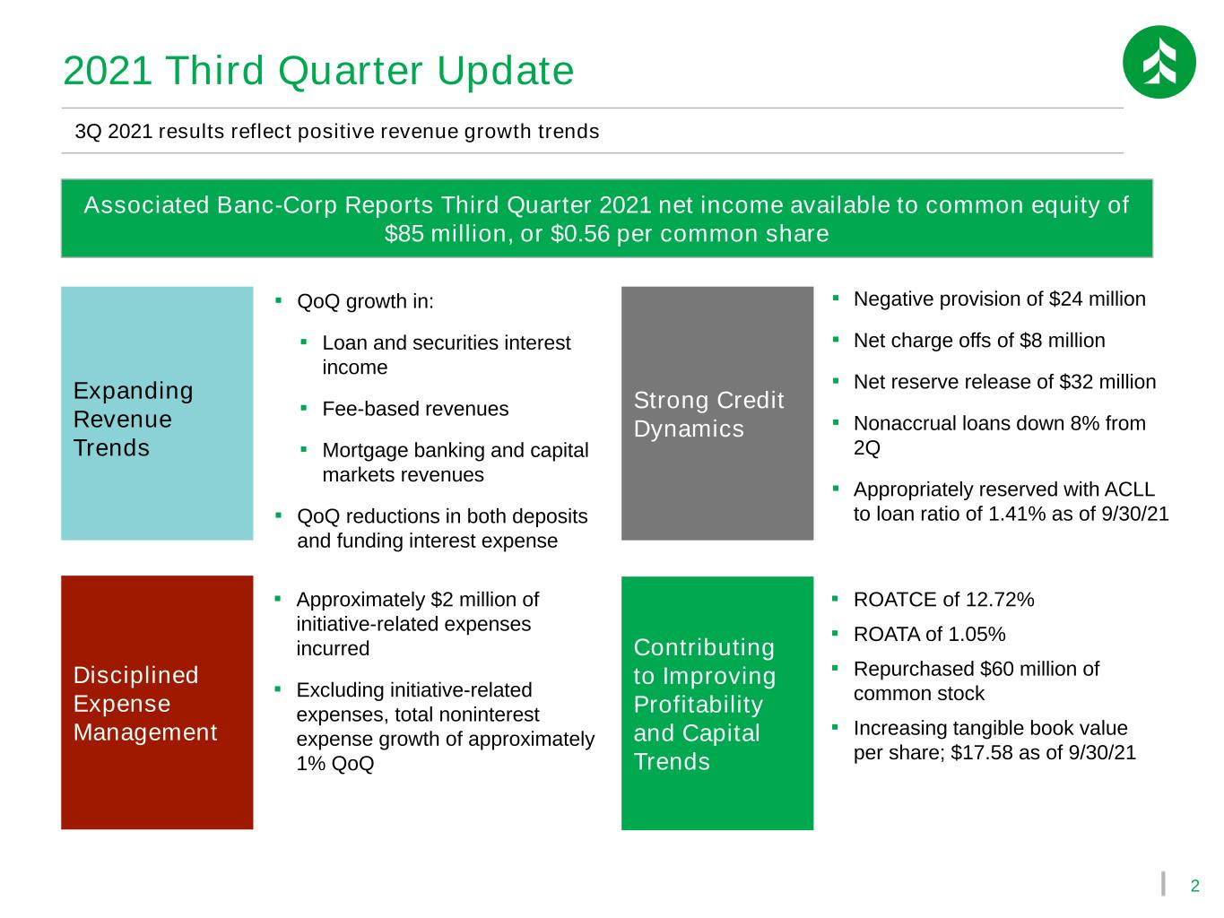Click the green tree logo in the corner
click(x=1159, y=62)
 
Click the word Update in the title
click(x=505, y=71)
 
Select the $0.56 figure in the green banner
click(x=580, y=234)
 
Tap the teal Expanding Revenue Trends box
click(x=157, y=413)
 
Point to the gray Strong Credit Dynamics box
click(x=717, y=413)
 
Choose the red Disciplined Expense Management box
click(x=157, y=702)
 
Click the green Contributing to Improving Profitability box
click(x=717, y=703)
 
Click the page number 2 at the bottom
click(x=1194, y=886)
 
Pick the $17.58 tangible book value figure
click(x=981, y=753)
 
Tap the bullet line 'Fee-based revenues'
click(x=415, y=409)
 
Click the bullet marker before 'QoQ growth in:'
click(x=278, y=300)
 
